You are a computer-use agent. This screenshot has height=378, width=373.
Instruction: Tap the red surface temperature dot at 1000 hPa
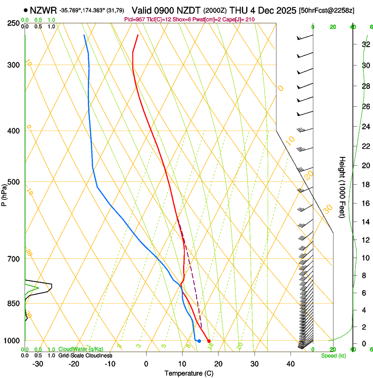209,341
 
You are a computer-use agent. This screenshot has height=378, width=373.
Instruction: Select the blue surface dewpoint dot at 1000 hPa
199,341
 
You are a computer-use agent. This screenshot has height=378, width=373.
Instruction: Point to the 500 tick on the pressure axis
14,182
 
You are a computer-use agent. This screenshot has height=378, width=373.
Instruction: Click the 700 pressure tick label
14,259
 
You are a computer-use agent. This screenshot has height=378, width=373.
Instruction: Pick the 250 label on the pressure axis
14,23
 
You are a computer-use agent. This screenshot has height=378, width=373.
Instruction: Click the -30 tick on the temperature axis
38,364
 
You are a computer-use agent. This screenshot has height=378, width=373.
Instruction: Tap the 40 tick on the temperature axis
291,364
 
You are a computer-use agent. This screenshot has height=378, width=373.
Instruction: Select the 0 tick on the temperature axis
146,364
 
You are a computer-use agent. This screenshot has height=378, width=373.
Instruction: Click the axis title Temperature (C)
189,374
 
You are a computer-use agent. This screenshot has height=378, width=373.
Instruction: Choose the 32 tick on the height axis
365,44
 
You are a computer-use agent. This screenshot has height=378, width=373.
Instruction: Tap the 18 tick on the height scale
365,185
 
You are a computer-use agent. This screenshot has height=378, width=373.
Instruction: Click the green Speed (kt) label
333,356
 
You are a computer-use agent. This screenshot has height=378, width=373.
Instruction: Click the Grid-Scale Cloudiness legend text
85,356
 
